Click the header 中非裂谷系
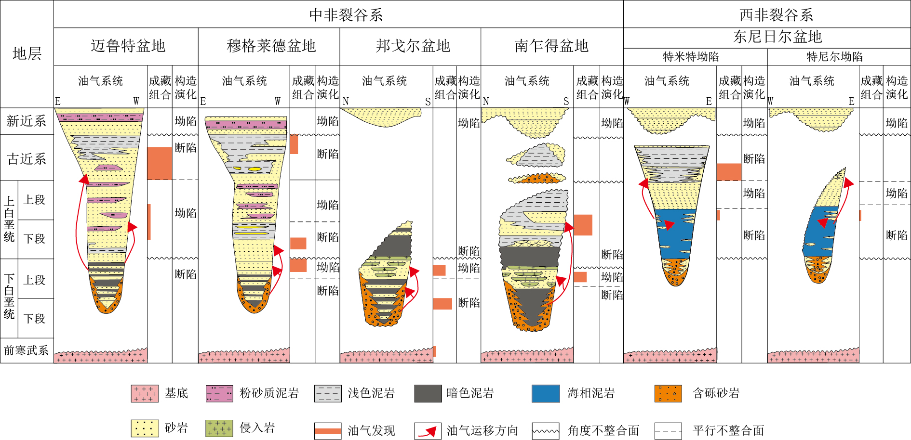click(346, 15)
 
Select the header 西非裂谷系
click(776, 15)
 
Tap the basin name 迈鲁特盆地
click(128, 46)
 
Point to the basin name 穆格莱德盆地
click(271, 46)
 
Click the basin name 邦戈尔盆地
click(413, 46)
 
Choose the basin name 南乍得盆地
click(551, 46)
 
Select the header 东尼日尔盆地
click(777, 37)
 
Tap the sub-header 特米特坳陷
click(690, 57)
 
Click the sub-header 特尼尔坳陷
click(834, 57)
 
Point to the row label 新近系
click(27, 121)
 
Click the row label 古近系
click(27, 158)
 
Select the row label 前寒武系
click(27, 350)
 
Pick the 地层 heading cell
click(27, 53)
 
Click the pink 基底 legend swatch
click(145, 393)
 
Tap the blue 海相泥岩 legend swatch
click(546, 393)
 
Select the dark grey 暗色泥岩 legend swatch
click(428, 393)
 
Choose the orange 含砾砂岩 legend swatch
click(668, 393)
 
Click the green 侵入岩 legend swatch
click(219, 428)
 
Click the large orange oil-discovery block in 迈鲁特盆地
click(159, 163)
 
